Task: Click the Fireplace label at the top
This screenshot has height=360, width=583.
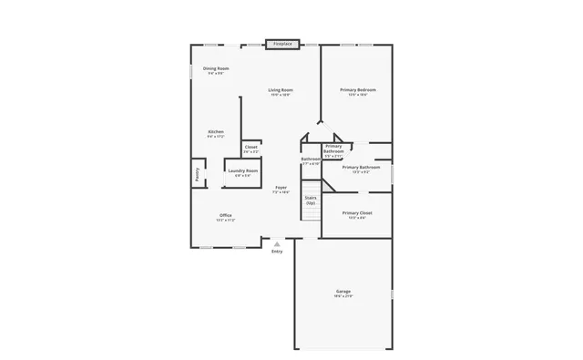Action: click(x=284, y=43)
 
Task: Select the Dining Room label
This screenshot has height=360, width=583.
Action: click(x=216, y=68)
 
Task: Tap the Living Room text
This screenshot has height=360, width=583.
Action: click(x=281, y=89)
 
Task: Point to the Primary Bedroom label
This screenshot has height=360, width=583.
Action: click(x=358, y=89)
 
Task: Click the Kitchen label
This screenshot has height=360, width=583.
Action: click(x=216, y=132)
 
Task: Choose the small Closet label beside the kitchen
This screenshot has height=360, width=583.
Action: click(x=251, y=147)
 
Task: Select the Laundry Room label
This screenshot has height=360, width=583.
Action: click(x=243, y=170)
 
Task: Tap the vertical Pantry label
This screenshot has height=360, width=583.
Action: click(x=196, y=174)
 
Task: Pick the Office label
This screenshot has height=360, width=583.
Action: click(x=226, y=215)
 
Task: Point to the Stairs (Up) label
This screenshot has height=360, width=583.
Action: click(x=311, y=199)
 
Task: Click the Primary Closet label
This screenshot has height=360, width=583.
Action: click(x=357, y=213)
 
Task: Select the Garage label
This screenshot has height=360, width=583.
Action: click(x=343, y=291)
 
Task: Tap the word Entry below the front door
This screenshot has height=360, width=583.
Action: click(x=277, y=252)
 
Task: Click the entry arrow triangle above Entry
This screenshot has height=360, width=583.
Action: click(x=277, y=243)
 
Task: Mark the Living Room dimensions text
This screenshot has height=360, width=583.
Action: click(x=281, y=95)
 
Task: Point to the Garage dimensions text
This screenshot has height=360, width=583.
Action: click(x=343, y=296)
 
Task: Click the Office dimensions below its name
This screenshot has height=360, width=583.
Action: click(x=226, y=221)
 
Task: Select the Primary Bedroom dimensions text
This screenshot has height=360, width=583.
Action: click(x=358, y=95)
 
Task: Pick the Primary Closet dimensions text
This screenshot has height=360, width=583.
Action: click(x=357, y=218)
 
